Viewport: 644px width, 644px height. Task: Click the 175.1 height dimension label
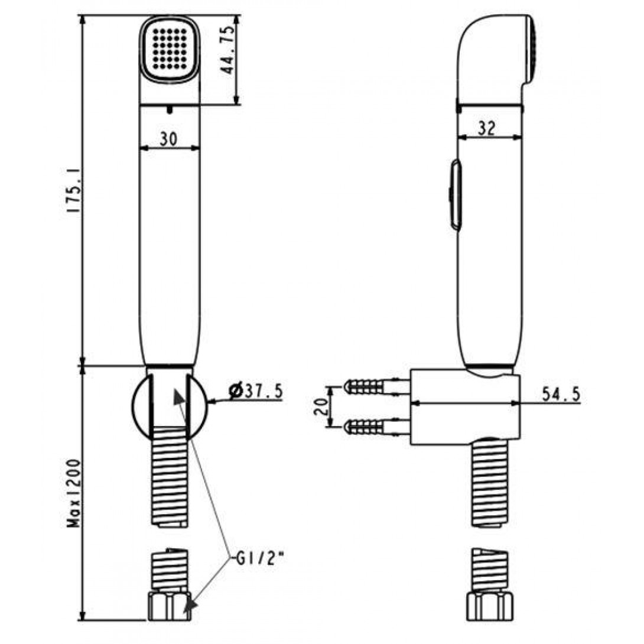click(x=74, y=191)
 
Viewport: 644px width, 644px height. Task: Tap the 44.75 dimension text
click(x=227, y=50)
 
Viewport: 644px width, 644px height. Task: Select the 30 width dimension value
click(x=169, y=139)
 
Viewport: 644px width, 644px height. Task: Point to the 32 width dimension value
click(x=487, y=129)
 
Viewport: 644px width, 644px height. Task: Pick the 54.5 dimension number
click(x=561, y=394)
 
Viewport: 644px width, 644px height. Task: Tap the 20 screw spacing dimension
click(x=322, y=406)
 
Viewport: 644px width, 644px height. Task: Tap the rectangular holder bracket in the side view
click(x=466, y=406)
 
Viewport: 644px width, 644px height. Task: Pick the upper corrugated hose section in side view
click(x=490, y=483)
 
